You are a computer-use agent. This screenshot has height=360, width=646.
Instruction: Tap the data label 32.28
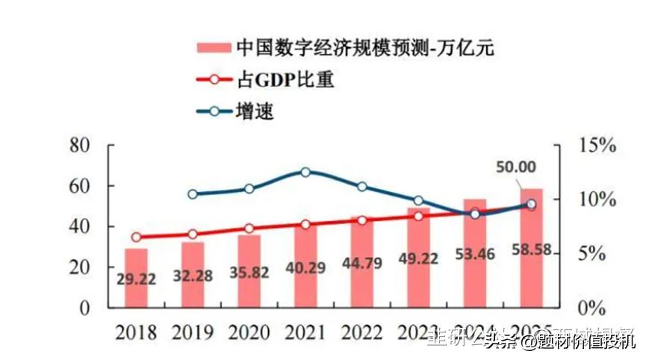click(192, 276)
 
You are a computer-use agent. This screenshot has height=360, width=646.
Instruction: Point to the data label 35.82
click(249, 273)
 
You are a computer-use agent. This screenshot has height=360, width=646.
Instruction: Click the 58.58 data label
click(532, 249)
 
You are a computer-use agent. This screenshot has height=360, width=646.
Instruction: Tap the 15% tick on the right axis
click(597, 146)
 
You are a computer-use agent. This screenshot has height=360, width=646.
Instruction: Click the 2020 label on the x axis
click(249, 333)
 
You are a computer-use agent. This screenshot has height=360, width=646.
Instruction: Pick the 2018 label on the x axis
click(136, 333)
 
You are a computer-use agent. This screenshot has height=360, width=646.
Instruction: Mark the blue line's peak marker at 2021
click(305, 172)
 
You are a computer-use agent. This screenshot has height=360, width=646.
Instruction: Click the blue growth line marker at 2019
click(193, 194)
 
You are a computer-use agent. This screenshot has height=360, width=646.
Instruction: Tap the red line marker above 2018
click(136, 238)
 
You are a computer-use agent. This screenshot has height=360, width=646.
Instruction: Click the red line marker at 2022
click(362, 220)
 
